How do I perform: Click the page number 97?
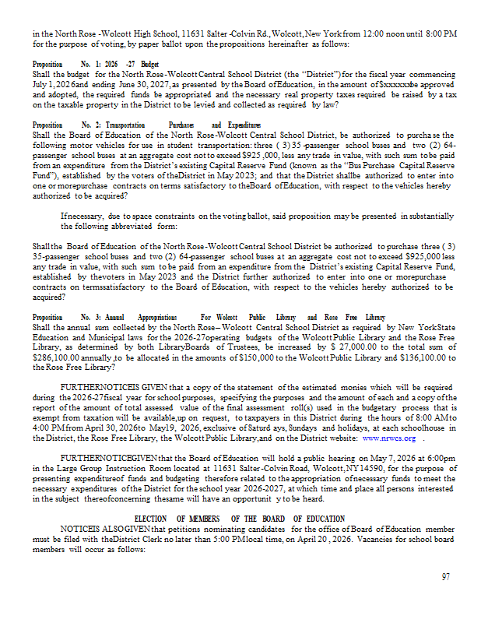click(x=445, y=577)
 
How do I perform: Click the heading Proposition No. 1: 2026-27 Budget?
click(x=96, y=64)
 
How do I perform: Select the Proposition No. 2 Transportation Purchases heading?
click(x=147, y=125)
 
